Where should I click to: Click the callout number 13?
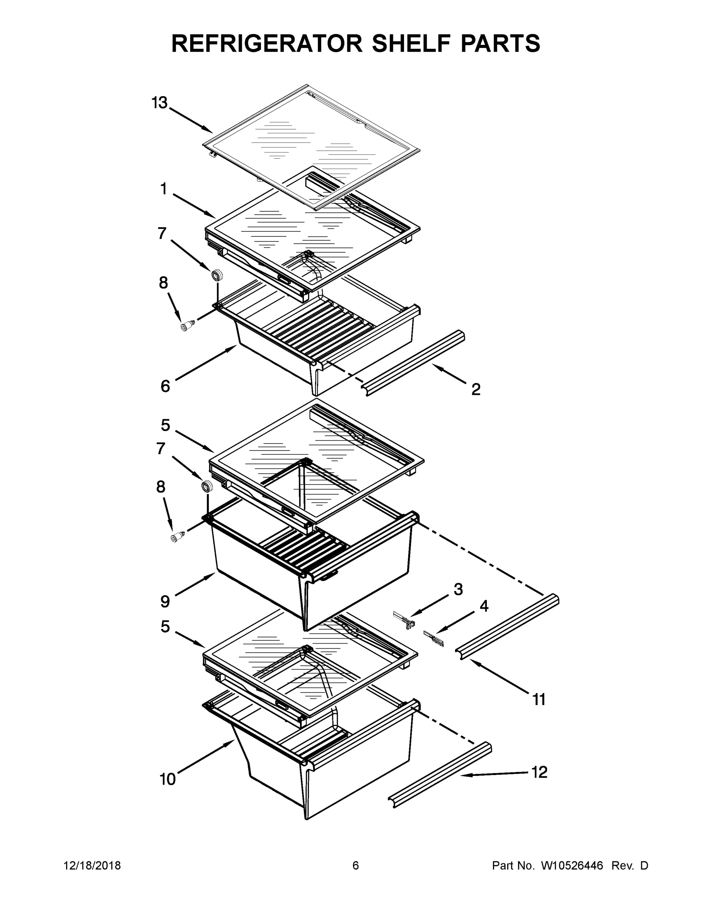coord(159,102)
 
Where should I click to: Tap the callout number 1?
coord(163,189)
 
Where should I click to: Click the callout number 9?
coord(165,601)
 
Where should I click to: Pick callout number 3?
coord(458,589)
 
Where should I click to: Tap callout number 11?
coord(539,700)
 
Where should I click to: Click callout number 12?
coord(539,772)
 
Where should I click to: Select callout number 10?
coord(167,779)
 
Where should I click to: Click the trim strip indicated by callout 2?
coord(415,363)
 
